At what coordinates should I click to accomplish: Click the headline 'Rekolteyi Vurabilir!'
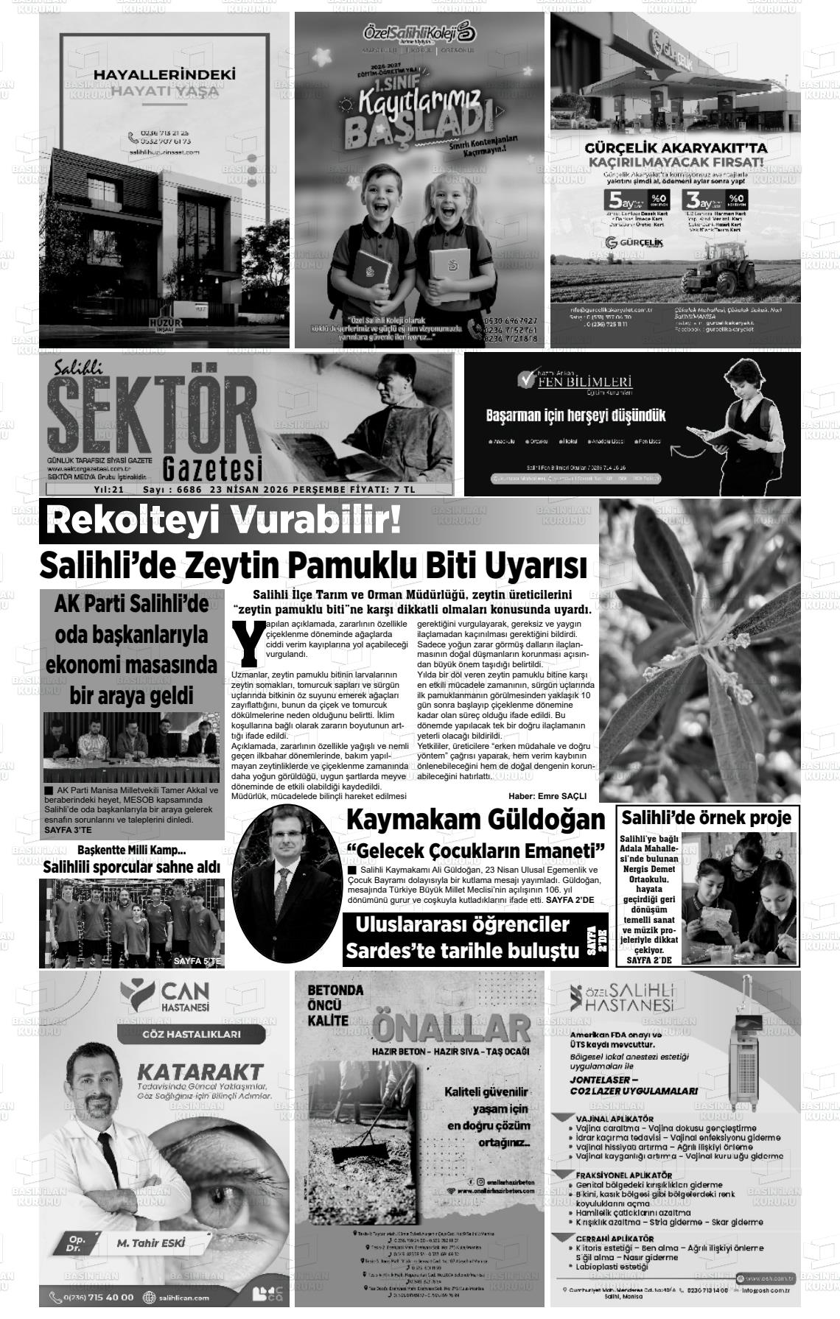point(225,521)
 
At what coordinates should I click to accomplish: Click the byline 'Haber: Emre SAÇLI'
point(547,796)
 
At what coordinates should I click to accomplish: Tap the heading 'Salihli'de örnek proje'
point(707,817)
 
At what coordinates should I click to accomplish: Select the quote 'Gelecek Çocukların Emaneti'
point(475,851)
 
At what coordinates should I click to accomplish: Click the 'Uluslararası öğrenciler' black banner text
point(462,925)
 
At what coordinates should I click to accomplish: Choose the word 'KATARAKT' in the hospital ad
point(200,1070)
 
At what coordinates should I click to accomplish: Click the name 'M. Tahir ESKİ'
point(151,1244)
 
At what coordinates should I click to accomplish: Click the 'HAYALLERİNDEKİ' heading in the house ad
point(164,74)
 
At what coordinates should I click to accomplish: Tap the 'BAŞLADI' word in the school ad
point(416,131)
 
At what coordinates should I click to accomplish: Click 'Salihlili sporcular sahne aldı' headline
point(131,867)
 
